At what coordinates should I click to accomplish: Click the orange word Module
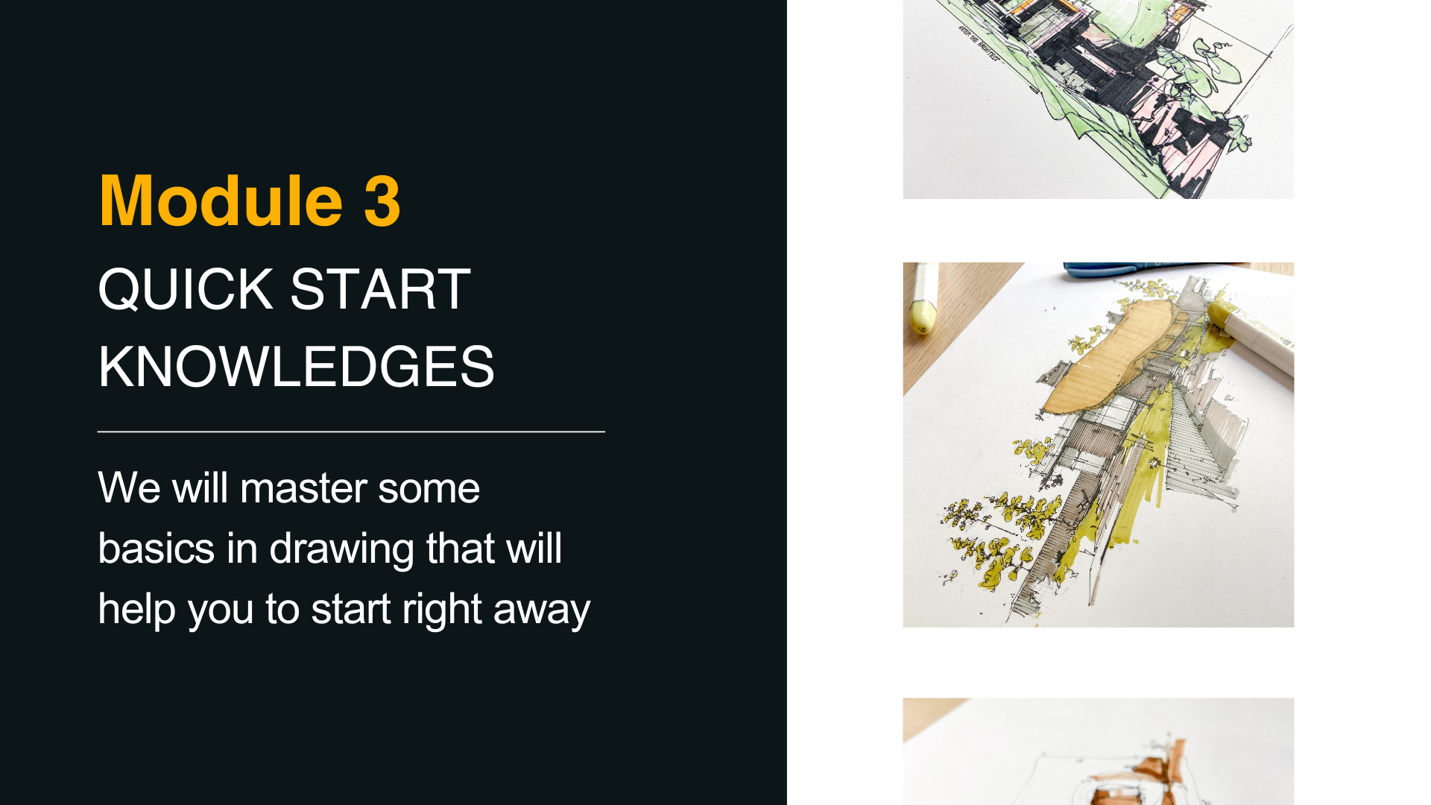[221, 201]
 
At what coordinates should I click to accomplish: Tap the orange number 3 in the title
[382, 201]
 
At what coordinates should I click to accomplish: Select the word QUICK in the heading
[186, 289]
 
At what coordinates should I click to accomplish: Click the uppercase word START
[380, 289]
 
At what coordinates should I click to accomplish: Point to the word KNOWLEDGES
[296, 367]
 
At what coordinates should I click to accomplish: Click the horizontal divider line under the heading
[351, 432]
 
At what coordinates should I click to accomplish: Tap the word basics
[157, 549]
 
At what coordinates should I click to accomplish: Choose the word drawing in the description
[341, 550]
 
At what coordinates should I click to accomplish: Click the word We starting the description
[129, 489]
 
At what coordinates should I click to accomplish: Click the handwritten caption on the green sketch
[979, 42]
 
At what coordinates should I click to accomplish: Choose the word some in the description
[429, 490]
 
